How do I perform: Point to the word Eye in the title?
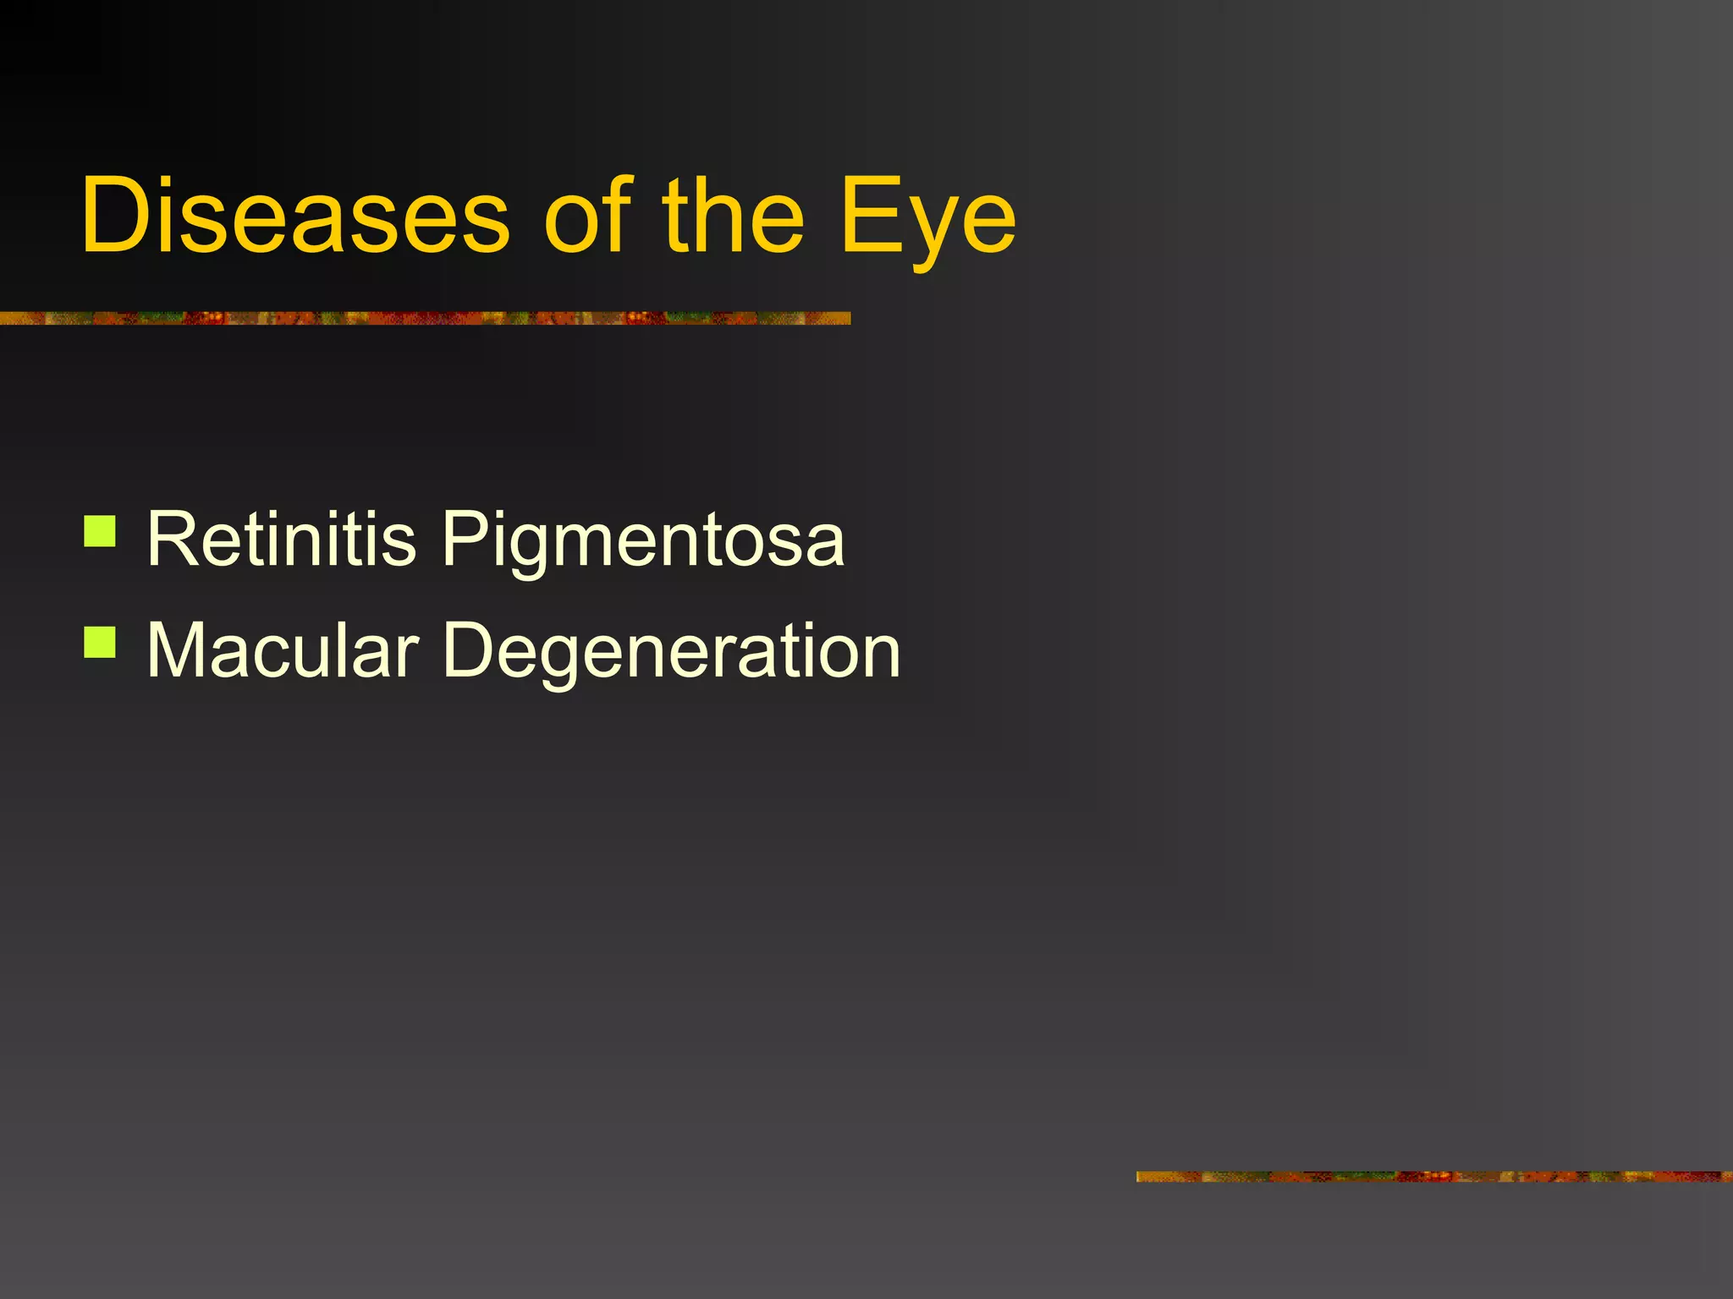coord(927,218)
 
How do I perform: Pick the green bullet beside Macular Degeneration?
coord(100,642)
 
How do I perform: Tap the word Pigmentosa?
coord(643,541)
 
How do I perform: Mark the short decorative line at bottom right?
coord(1433,1176)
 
